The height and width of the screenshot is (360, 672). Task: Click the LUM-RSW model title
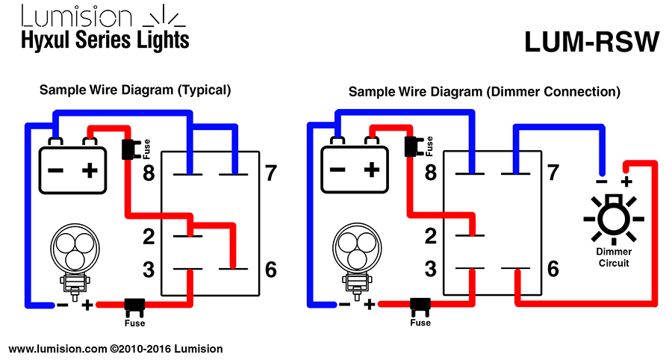[592, 42]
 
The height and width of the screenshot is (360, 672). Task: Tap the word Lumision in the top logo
[76, 16]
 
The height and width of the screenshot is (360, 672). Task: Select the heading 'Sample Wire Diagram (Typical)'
[135, 90]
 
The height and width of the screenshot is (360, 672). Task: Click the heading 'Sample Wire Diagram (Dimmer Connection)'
[485, 92]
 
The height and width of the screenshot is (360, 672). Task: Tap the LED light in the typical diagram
[75, 262]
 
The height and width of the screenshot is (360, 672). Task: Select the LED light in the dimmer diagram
[358, 261]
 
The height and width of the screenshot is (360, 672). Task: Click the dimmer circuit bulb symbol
[614, 219]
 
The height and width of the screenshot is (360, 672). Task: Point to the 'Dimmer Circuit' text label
[614, 257]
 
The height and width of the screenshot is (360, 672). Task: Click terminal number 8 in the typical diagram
[149, 173]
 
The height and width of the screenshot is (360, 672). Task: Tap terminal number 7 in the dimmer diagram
[553, 173]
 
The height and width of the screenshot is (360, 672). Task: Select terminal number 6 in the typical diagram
[271, 269]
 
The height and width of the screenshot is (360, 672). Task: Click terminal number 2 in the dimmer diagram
[430, 236]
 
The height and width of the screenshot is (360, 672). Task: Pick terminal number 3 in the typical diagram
[149, 270]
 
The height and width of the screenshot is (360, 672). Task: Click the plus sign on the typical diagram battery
[90, 171]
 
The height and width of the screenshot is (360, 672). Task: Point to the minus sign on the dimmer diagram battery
[337, 170]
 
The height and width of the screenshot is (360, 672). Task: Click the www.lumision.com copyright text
[116, 349]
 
